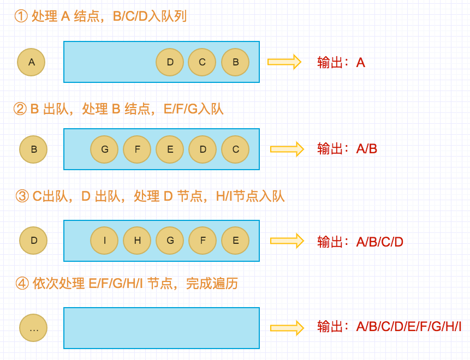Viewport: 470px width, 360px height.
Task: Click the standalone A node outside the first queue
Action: tap(31, 62)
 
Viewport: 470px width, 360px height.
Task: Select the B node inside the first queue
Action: tap(235, 62)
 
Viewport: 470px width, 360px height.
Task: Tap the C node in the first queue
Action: tap(202, 62)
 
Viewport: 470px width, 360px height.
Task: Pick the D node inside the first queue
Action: tap(170, 62)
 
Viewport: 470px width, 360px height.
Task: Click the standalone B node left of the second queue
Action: tap(33, 149)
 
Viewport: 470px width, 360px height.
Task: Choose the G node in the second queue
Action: tap(104, 149)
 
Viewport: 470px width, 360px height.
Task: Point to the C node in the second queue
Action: tap(235, 149)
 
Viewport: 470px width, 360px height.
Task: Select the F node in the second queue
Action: tap(137, 149)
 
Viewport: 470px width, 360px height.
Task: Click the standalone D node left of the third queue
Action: tap(33, 241)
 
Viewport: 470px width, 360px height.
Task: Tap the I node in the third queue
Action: tap(104, 241)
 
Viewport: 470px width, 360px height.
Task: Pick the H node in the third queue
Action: tap(137, 241)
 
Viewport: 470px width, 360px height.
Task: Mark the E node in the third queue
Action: tap(235, 241)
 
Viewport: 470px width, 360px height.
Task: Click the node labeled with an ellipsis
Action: tap(33, 328)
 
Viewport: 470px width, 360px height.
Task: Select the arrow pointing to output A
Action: tap(284, 62)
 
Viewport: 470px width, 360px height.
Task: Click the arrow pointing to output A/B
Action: tap(287, 149)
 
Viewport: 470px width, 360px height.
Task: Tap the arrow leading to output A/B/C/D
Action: tap(287, 241)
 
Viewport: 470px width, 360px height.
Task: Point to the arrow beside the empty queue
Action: tap(287, 328)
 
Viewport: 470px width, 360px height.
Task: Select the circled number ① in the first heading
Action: tap(21, 16)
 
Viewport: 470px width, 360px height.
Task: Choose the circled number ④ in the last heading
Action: tap(22, 284)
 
